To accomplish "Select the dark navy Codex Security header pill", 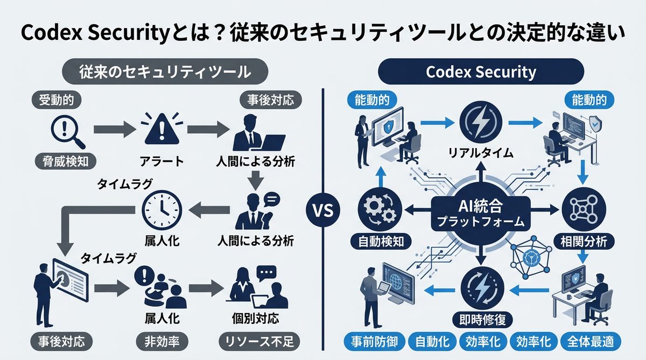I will (x=481, y=72).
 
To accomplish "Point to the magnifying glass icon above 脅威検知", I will (x=64, y=131).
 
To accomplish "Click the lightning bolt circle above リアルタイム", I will (x=480, y=122).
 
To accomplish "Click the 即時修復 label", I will (x=481, y=317).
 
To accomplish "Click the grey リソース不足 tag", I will (x=256, y=342).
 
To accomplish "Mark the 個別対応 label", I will (x=257, y=317).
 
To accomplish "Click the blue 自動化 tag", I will (x=432, y=342).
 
